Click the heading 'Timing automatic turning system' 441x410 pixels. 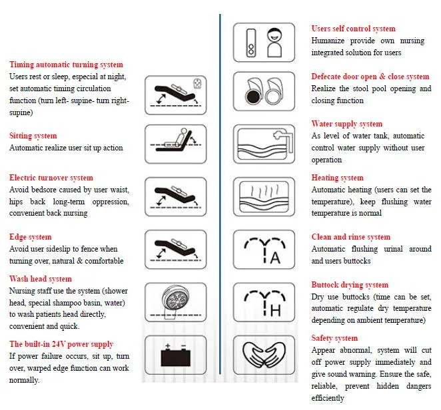66,65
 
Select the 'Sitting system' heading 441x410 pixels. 33,136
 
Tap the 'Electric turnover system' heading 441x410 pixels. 51,178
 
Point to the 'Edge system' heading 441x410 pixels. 31,237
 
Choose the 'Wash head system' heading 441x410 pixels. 41,279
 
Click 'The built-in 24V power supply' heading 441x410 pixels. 61,344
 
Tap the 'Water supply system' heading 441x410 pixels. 346,124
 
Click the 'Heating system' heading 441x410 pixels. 337,178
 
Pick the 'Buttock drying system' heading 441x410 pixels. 350,285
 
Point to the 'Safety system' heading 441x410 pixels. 334,338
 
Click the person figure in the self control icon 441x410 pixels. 276,43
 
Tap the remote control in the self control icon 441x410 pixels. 251,43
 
